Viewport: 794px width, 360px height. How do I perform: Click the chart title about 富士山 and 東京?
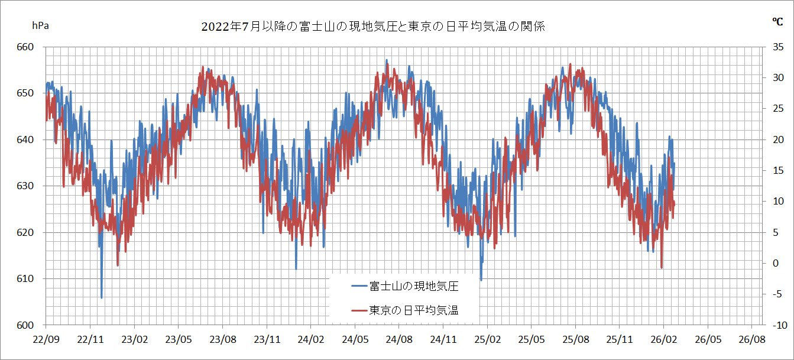(372, 27)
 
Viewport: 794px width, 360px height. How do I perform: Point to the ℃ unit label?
(777, 22)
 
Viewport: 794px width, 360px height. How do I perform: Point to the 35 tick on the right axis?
(777, 47)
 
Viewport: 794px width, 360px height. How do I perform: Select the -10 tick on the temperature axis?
(777, 325)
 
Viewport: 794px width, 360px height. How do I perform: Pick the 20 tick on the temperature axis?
(777, 140)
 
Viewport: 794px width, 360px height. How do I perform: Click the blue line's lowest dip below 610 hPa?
(102, 297)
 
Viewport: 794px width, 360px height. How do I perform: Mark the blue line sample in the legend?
(359, 286)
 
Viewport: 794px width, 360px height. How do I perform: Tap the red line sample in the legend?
(359, 310)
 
